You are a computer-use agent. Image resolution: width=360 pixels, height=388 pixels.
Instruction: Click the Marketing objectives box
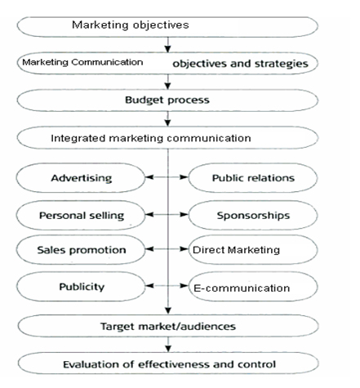tap(167, 27)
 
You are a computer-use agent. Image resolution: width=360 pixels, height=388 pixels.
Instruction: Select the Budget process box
tap(167, 100)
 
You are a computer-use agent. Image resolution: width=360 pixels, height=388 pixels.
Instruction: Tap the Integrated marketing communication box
tap(167, 138)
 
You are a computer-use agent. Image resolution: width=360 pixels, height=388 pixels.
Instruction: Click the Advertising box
tap(81, 178)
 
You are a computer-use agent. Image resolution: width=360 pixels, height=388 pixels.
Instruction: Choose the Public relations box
tap(253, 178)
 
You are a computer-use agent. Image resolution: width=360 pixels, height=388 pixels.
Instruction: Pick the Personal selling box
tap(81, 215)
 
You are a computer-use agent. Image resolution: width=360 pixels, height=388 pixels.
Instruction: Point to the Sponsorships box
tap(253, 215)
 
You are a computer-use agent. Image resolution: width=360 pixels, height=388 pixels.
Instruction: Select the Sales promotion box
tap(81, 250)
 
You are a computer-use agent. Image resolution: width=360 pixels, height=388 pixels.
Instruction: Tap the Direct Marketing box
tap(253, 250)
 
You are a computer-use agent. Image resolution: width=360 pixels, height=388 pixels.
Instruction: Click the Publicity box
tap(81, 287)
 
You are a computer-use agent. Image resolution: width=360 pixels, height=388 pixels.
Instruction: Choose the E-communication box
tap(253, 287)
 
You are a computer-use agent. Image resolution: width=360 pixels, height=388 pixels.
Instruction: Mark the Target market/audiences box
tap(168, 326)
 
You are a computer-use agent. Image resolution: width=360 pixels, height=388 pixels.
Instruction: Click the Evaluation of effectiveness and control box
tap(168, 363)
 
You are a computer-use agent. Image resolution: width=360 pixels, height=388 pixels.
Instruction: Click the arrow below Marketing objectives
tap(168, 45)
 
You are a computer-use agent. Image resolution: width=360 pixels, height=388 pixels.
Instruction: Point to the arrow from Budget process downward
tap(168, 118)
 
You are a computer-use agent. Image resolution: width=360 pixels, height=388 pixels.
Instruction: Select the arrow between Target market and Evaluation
tap(168, 345)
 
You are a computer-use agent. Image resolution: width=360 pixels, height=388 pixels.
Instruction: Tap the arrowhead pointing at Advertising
tap(149, 177)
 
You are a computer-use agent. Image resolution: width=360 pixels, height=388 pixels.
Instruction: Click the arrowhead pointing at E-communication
tap(184, 286)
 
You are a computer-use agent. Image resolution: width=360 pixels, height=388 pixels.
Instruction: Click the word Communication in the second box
tap(107, 62)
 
